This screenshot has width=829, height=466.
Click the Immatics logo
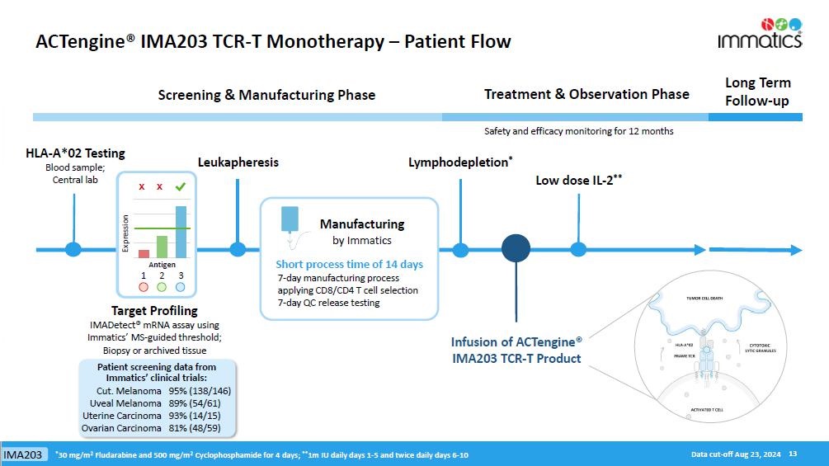pyautogui.click(x=759, y=32)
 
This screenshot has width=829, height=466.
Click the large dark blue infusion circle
pyautogui.click(x=516, y=248)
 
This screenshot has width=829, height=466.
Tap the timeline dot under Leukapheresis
pyautogui.click(x=238, y=249)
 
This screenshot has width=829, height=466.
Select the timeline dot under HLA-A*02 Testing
pyautogui.click(x=73, y=249)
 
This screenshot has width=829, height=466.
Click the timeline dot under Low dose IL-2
pyautogui.click(x=578, y=249)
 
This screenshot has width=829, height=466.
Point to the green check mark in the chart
pyautogui.click(x=180, y=187)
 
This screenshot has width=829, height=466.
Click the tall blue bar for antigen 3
pyautogui.click(x=180, y=232)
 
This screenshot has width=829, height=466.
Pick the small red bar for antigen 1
pyautogui.click(x=144, y=254)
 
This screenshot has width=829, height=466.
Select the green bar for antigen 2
pyautogui.click(x=162, y=247)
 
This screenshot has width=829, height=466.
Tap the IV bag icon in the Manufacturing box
pyautogui.click(x=290, y=219)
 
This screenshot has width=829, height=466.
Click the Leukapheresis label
pyautogui.click(x=238, y=162)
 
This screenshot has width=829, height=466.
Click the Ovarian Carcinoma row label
pyautogui.click(x=121, y=428)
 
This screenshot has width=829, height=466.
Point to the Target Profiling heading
pyautogui.click(x=154, y=311)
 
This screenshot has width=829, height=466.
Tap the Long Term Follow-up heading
pyautogui.click(x=757, y=92)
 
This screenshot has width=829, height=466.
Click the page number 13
pyautogui.click(x=793, y=454)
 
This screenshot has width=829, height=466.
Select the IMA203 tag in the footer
pyautogui.click(x=22, y=455)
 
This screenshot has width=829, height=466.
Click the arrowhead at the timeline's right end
pyautogui.click(x=795, y=249)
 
